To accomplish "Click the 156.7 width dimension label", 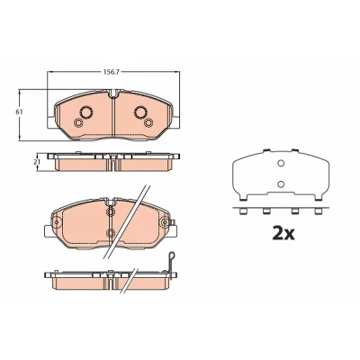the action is pyautogui.click(x=111, y=72).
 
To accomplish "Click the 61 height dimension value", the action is pyautogui.click(x=19, y=112).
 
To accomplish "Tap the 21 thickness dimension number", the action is pyautogui.click(x=38, y=161).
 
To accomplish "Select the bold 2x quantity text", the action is pyautogui.click(x=283, y=233).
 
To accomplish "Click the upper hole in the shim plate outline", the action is pyautogui.click(x=281, y=163).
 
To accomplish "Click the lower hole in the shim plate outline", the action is pyautogui.click(x=281, y=184).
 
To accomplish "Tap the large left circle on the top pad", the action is pyautogui.click(x=86, y=112).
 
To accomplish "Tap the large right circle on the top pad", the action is pyautogui.click(x=140, y=112).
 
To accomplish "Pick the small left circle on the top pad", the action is pyautogui.click(x=78, y=122).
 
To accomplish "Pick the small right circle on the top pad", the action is pyautogui.click(x=148, y=122).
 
